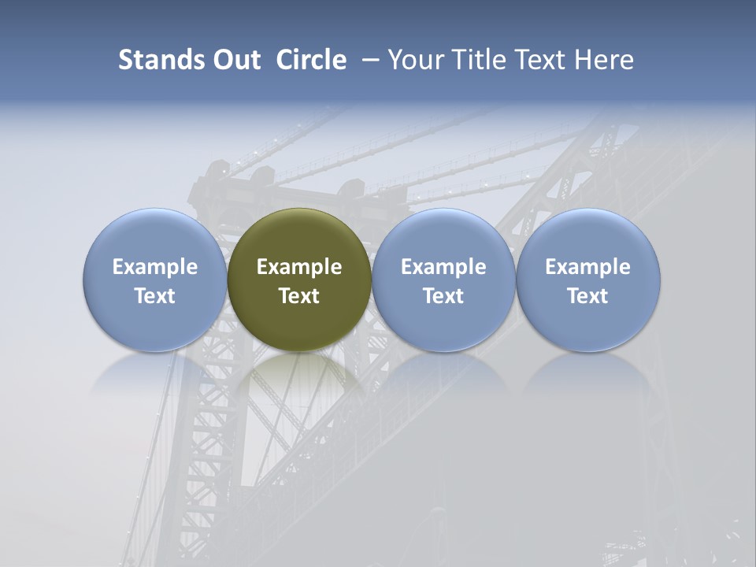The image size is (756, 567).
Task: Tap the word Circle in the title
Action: (x=311, y=60)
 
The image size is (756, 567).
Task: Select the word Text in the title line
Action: (x=547, y=60)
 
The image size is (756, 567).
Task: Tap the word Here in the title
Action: (x=606, y=60)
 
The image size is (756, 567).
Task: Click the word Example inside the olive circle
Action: (x=299, y=267)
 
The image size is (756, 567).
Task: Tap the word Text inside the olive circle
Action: (x=299, y=296)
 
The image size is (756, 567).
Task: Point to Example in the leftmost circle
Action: (x=155, y=267)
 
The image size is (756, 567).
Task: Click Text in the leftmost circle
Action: (x=155, y=296)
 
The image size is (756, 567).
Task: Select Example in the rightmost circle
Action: (x=588, y=267)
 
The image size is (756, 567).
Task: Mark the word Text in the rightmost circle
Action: (x=588, y=296)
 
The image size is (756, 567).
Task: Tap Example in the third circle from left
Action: (x=443, y=267)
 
